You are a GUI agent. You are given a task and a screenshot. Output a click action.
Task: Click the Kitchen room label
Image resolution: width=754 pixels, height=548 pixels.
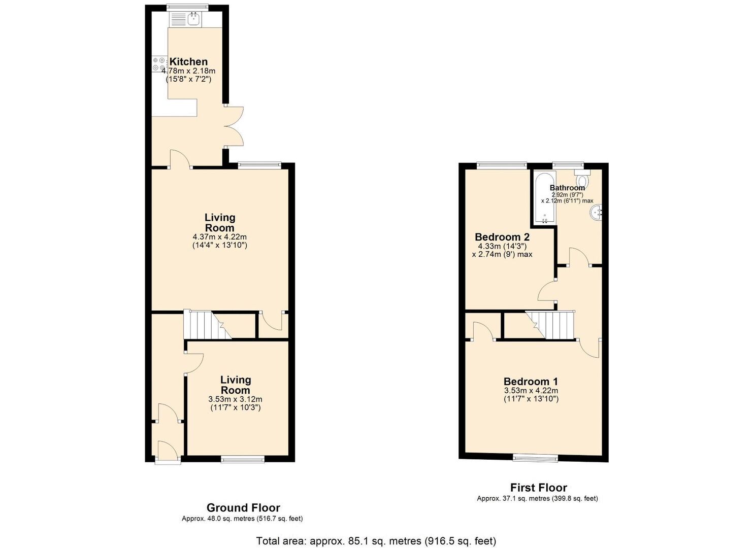188,61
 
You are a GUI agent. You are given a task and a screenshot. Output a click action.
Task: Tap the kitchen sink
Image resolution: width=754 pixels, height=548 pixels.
193,20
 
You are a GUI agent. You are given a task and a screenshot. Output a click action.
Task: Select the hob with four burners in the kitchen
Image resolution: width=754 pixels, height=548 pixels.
159,64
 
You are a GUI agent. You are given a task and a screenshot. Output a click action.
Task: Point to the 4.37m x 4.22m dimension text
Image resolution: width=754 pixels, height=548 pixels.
220,237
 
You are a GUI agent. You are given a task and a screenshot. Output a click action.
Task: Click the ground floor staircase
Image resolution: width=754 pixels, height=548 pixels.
206,325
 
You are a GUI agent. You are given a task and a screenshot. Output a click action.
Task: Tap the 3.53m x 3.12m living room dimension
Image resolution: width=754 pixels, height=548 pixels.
235,399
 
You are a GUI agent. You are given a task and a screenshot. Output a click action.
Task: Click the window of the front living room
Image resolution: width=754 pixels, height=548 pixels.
243,459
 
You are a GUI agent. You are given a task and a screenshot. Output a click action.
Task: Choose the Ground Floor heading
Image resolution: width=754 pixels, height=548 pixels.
243,507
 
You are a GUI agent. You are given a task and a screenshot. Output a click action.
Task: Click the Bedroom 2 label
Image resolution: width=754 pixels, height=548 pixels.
502,237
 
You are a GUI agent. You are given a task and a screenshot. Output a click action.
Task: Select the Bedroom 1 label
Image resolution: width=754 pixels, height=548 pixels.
531,382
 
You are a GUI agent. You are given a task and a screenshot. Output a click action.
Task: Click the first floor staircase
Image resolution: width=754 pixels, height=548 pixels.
550,325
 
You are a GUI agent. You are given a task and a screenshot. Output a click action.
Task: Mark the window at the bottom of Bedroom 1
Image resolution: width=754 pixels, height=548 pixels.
535,458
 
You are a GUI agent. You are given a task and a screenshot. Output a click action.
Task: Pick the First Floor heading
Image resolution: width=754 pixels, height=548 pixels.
538,488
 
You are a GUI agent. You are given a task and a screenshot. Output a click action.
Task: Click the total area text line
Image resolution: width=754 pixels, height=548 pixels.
376,541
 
